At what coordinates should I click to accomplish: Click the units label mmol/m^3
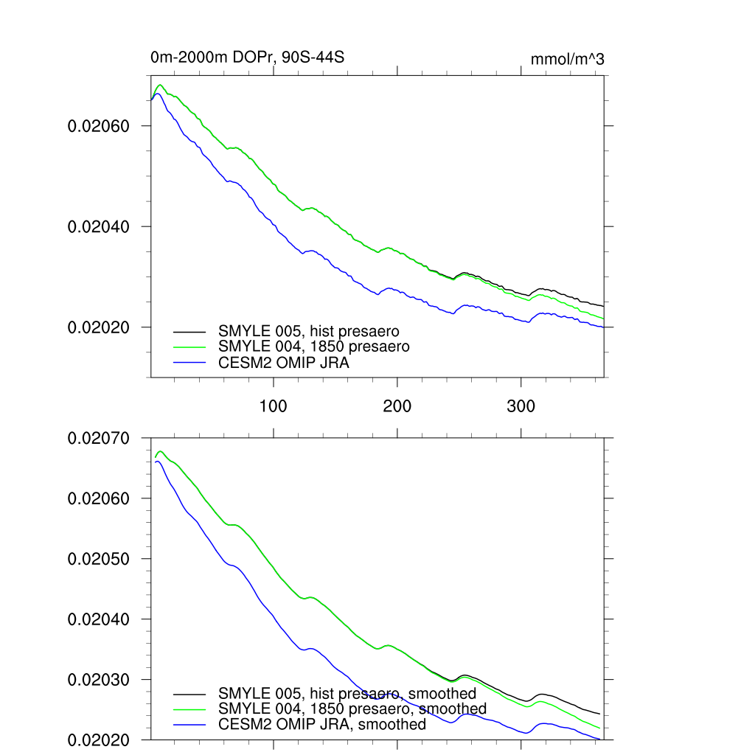coord(567,59)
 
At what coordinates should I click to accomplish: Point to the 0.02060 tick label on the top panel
coord(98,126)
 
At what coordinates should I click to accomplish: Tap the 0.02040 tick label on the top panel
coord(98,226)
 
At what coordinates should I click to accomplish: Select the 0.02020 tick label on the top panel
coord(98,327)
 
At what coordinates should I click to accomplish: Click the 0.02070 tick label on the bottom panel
coord(98,438)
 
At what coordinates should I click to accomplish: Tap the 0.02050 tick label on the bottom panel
coord(98,559)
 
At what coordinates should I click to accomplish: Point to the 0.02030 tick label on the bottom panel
coord(98,680)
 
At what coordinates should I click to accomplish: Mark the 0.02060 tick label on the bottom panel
coord(98,498)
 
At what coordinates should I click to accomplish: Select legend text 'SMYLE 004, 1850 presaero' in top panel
coord(313,347)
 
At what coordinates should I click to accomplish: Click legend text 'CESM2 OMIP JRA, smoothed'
coord(322,725)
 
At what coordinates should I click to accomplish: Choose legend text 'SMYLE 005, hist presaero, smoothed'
coord(347,694)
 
